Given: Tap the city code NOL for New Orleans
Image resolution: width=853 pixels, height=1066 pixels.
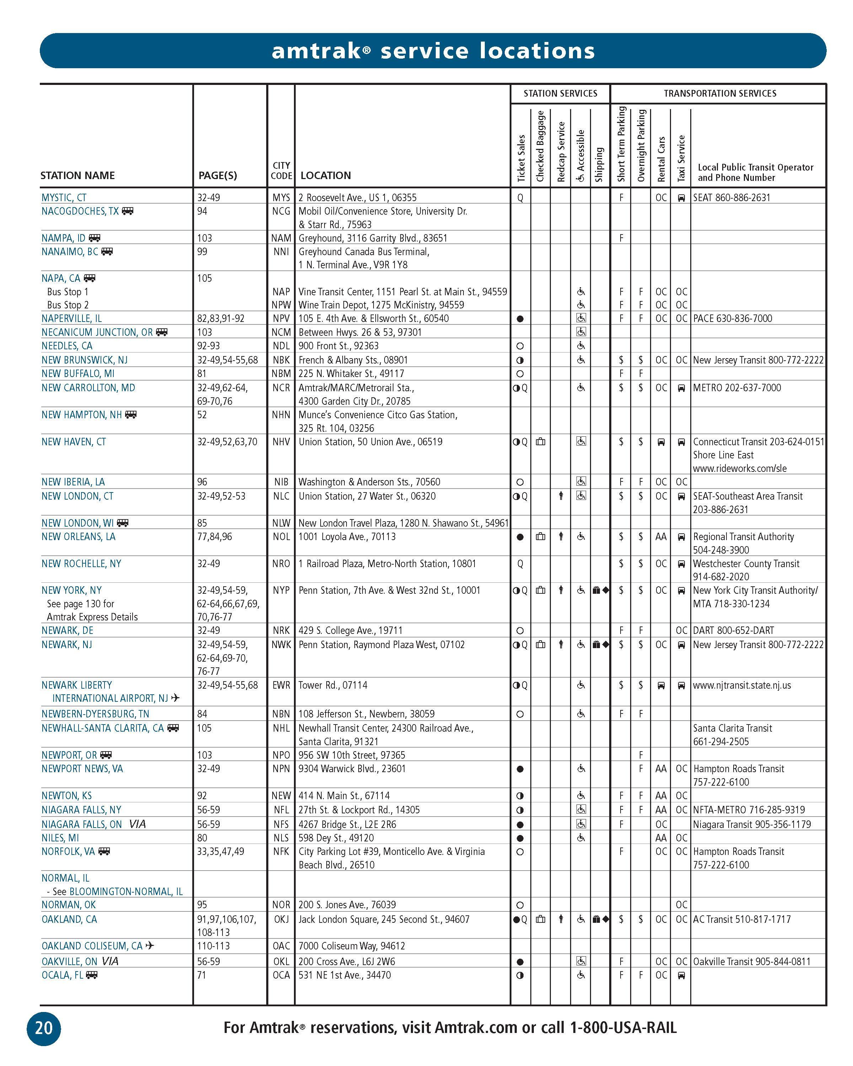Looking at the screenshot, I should pos(281,537).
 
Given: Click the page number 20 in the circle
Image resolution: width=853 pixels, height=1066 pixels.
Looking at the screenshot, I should pos(43,1028).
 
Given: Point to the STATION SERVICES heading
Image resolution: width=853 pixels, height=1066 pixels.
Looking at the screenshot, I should pos(560,93).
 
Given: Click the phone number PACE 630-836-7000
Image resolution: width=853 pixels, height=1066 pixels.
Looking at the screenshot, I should pos(733,319).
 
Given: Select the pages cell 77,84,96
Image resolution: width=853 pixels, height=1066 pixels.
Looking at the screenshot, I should pos(214,537).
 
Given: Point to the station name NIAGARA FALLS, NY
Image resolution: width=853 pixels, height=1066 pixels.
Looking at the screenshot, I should pos(81,810).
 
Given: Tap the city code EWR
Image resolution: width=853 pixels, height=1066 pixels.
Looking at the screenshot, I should pos(281,685).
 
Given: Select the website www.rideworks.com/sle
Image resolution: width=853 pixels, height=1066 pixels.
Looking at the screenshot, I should pos(739,468).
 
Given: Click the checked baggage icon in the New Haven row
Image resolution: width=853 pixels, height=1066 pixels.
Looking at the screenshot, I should pos(541,442).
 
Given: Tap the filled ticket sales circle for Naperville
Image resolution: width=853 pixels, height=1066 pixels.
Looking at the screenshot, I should pos(520,319).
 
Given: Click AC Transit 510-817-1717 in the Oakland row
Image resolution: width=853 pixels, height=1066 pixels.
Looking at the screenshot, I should pos(742,919).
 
